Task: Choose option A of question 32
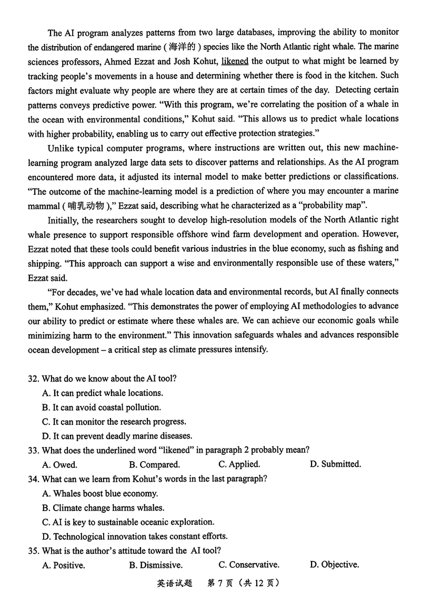pos(103,393)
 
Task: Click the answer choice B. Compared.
pos(154,464)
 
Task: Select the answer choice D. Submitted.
pos(335,464)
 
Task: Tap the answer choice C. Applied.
pos(239,464)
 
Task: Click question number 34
pos(34,479)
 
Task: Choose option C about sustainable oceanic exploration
pos(128,522)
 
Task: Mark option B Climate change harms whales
pos(103,507)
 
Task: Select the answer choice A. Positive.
pos(63,565)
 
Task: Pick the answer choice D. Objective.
pos(334,565)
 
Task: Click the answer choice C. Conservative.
pos(249,565)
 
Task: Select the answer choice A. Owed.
pos(59,464)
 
